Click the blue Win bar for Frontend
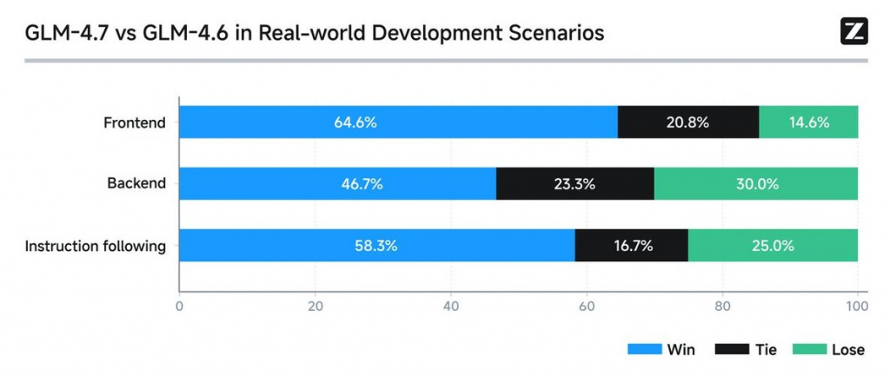pyautogui.click(x=261, y=122)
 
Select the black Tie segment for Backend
pyautogui.click(x=575, y=184)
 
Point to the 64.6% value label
pyautogui.click(x=355, y=122)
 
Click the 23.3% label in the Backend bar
pyautogui.click(x=575, y=184)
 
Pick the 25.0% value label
pyautogui.click(x=773, y=246)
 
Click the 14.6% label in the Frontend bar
pyautogui.click(x=808, y=122)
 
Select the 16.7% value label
pyautogui.click(x=631, y=246)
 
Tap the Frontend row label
pyautogui.click(x=135, y=122)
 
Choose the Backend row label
pyautogui.click(x=136, y=184)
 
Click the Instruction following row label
pyautogui.click(x=96, y=246)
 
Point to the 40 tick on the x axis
pyautogui.click(x=451, y=306)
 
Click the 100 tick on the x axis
pyautogui.click(x=858, y=306)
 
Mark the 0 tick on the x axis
pyautogui.click(x=179, y=306)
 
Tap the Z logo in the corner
pyautogui.click(x=854, y=31)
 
